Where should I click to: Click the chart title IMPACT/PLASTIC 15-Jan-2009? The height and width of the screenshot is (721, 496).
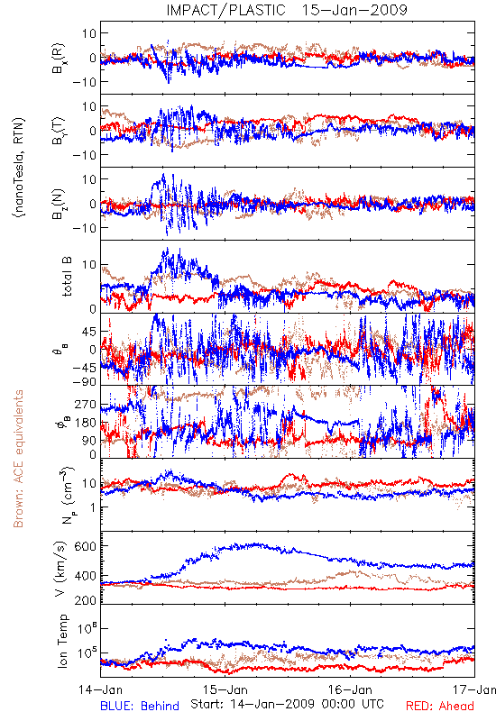coord(287,10)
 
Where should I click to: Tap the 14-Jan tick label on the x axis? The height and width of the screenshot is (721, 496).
coord(100,689)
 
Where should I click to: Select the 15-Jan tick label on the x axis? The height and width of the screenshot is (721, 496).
coord(225,689)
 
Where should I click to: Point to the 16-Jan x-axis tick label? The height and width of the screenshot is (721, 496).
coord(350,689)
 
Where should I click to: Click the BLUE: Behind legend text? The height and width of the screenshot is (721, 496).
coord(140,706)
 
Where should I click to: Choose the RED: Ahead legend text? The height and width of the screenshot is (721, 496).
coord(440,706)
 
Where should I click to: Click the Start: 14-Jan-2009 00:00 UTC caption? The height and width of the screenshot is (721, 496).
coord(287,704)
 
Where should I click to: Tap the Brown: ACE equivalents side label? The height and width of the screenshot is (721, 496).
coord(18,459)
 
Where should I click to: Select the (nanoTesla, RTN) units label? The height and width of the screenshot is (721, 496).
coord(19,168)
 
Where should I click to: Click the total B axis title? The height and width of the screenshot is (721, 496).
coord(67,277)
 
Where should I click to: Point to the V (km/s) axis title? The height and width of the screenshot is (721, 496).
coord(60,569)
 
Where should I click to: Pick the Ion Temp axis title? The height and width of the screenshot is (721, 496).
coord(62,641)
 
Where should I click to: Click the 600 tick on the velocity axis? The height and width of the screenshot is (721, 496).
coord(85,546)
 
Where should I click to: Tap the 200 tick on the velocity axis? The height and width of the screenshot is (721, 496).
coord(85,600)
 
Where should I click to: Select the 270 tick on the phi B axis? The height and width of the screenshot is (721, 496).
coord(85,405)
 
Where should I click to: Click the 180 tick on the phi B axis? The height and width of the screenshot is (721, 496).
coord(85,423)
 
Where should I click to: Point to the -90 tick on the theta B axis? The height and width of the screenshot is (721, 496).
coord(84,382)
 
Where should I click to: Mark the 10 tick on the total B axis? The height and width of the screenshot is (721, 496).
coord(89,265)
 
